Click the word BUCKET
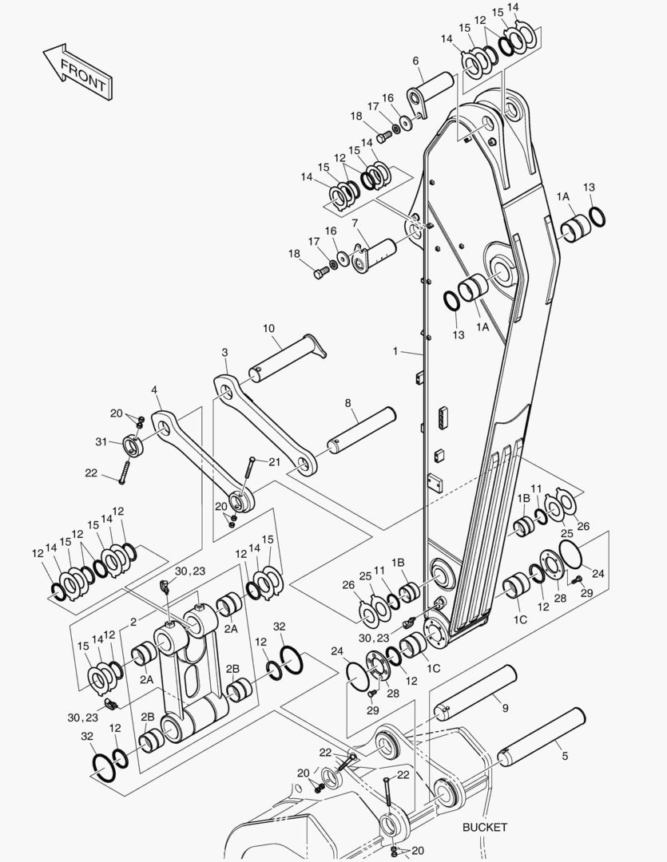484,828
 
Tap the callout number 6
415,61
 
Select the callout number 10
268,328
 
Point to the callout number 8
348,404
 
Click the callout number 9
505,708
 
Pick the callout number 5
566,755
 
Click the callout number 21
275,461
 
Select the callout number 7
355,223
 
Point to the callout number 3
224,352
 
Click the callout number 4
154,389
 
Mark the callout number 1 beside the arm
395,350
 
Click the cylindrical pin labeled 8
361,429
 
